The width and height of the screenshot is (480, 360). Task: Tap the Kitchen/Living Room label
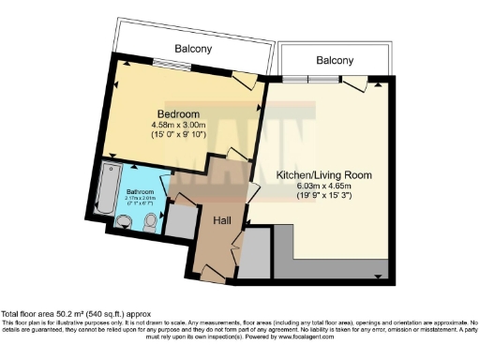[324, 175]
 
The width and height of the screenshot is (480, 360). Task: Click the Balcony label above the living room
[334, 61]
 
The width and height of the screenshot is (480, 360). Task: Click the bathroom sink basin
[151, 222]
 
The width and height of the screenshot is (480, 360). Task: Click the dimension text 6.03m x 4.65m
[324, 186]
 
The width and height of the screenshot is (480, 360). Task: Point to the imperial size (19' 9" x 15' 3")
[324, 196]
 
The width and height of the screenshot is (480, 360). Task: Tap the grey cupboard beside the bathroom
[177, 220]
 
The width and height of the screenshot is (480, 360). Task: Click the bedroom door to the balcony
[242, 81]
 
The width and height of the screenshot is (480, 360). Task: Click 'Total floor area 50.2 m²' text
[56, 312]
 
